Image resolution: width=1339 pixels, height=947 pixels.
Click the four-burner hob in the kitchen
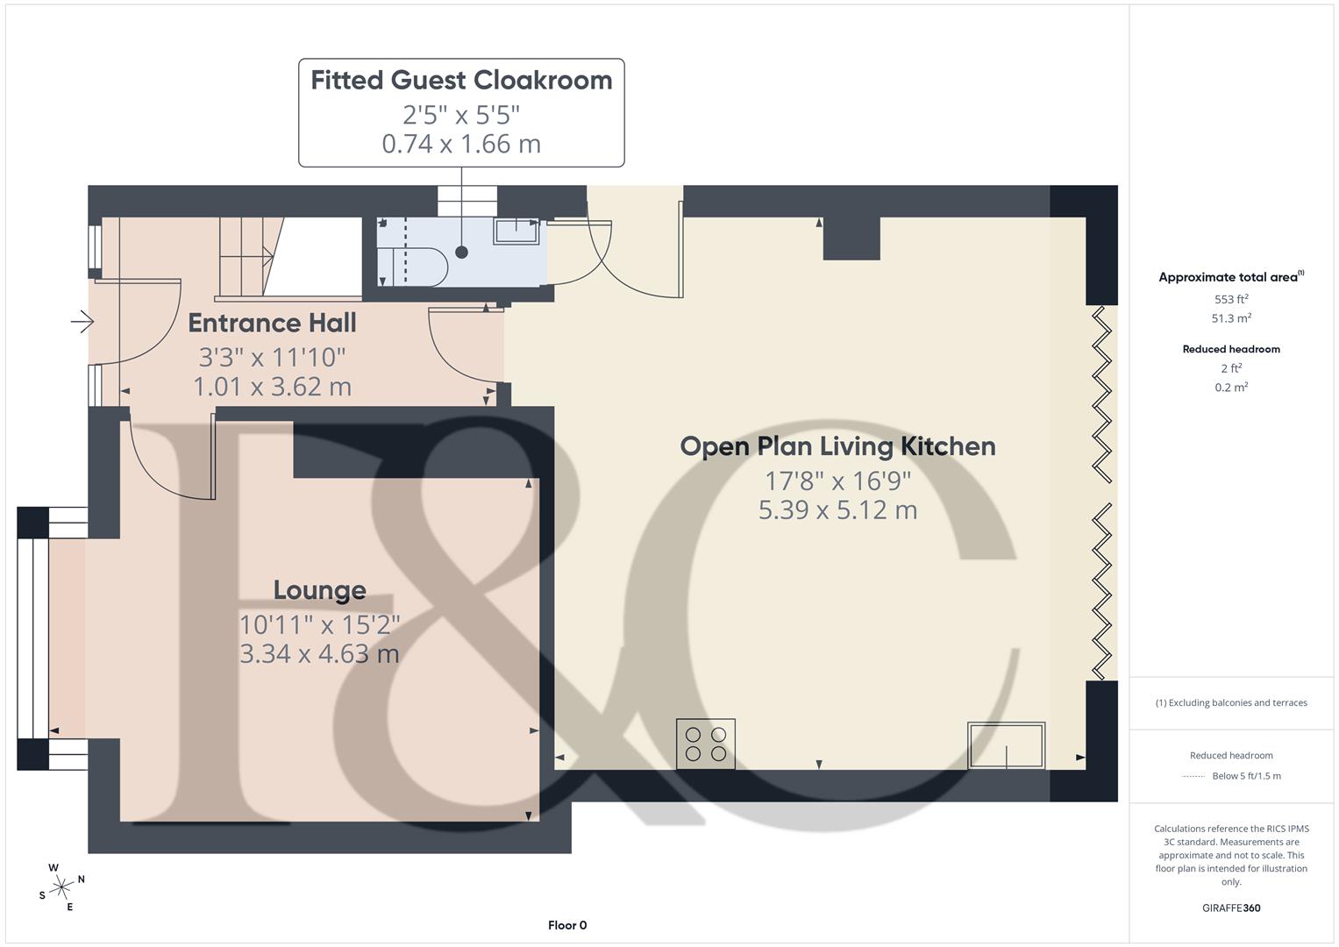click(x=706, y=744)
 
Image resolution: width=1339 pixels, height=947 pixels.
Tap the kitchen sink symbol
click(x=1006, y=745)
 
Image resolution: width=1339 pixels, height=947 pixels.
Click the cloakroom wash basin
click(x=516, y=231)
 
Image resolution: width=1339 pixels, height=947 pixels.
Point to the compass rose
click(x=61, y=887)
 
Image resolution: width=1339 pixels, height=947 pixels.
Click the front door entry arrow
click(x=82, y=323)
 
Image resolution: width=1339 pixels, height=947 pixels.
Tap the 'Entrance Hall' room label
click(x=272, y=324)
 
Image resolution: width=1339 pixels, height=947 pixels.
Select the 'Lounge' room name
click(x=319, y=591)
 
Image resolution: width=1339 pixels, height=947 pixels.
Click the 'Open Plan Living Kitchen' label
click(x=837, y=446)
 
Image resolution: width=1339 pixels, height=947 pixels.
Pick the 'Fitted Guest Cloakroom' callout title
click(x=461, y=81)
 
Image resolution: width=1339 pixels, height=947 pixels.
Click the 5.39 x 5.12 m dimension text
click(x=837, y=510)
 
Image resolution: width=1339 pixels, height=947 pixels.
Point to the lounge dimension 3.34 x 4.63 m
click(x=319, y=654)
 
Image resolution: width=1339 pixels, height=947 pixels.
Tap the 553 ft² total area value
click(x=1231, y=299)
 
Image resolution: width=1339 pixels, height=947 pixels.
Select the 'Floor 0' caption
click(x=567, y=925)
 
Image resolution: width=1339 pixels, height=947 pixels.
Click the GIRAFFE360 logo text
click(x=1231, y=908)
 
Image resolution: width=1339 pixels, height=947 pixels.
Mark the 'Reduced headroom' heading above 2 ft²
click(x=1231, y=349)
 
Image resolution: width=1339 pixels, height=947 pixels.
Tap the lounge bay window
click(x=33, y=637)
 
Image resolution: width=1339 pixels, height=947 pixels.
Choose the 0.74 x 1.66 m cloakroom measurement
click(x=461, y=144)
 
